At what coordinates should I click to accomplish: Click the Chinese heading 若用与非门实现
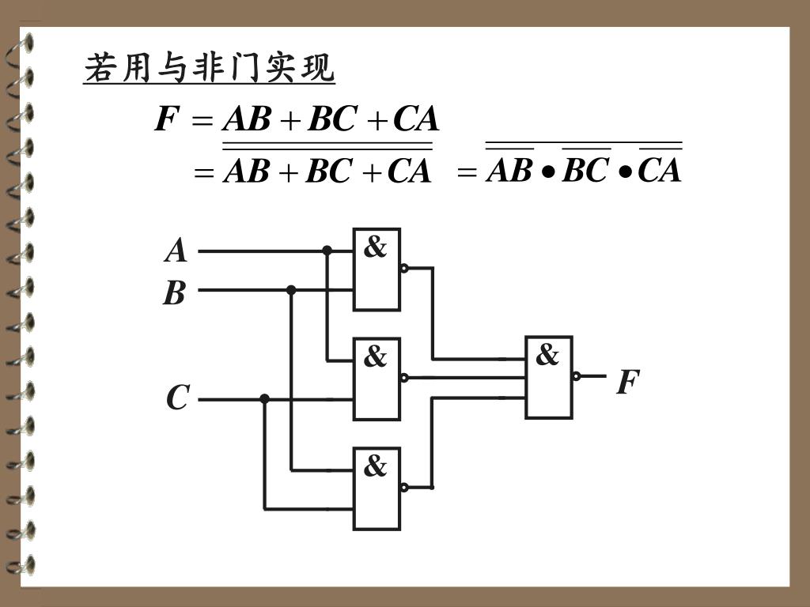210,68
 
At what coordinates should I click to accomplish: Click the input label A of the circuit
176,251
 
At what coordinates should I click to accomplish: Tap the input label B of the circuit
174,293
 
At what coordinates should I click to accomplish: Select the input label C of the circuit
177,398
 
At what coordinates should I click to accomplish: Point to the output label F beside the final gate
627,383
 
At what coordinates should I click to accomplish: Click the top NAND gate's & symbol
376,247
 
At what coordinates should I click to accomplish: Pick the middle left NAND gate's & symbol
376,357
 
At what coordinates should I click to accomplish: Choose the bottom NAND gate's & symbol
376,466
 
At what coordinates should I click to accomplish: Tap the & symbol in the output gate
547,355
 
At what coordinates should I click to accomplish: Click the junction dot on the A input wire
327,251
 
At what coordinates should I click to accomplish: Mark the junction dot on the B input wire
291,290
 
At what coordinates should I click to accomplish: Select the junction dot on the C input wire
264,398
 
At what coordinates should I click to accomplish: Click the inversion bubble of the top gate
404,268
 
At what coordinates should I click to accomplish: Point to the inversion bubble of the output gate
577,376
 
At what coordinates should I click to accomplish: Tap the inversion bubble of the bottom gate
404,487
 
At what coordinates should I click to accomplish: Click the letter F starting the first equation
165,120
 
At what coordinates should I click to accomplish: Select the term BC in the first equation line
331,120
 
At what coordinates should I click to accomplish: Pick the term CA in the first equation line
416,120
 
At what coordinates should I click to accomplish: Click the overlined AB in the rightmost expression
509,170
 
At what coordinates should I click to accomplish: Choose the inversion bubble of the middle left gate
404,377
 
